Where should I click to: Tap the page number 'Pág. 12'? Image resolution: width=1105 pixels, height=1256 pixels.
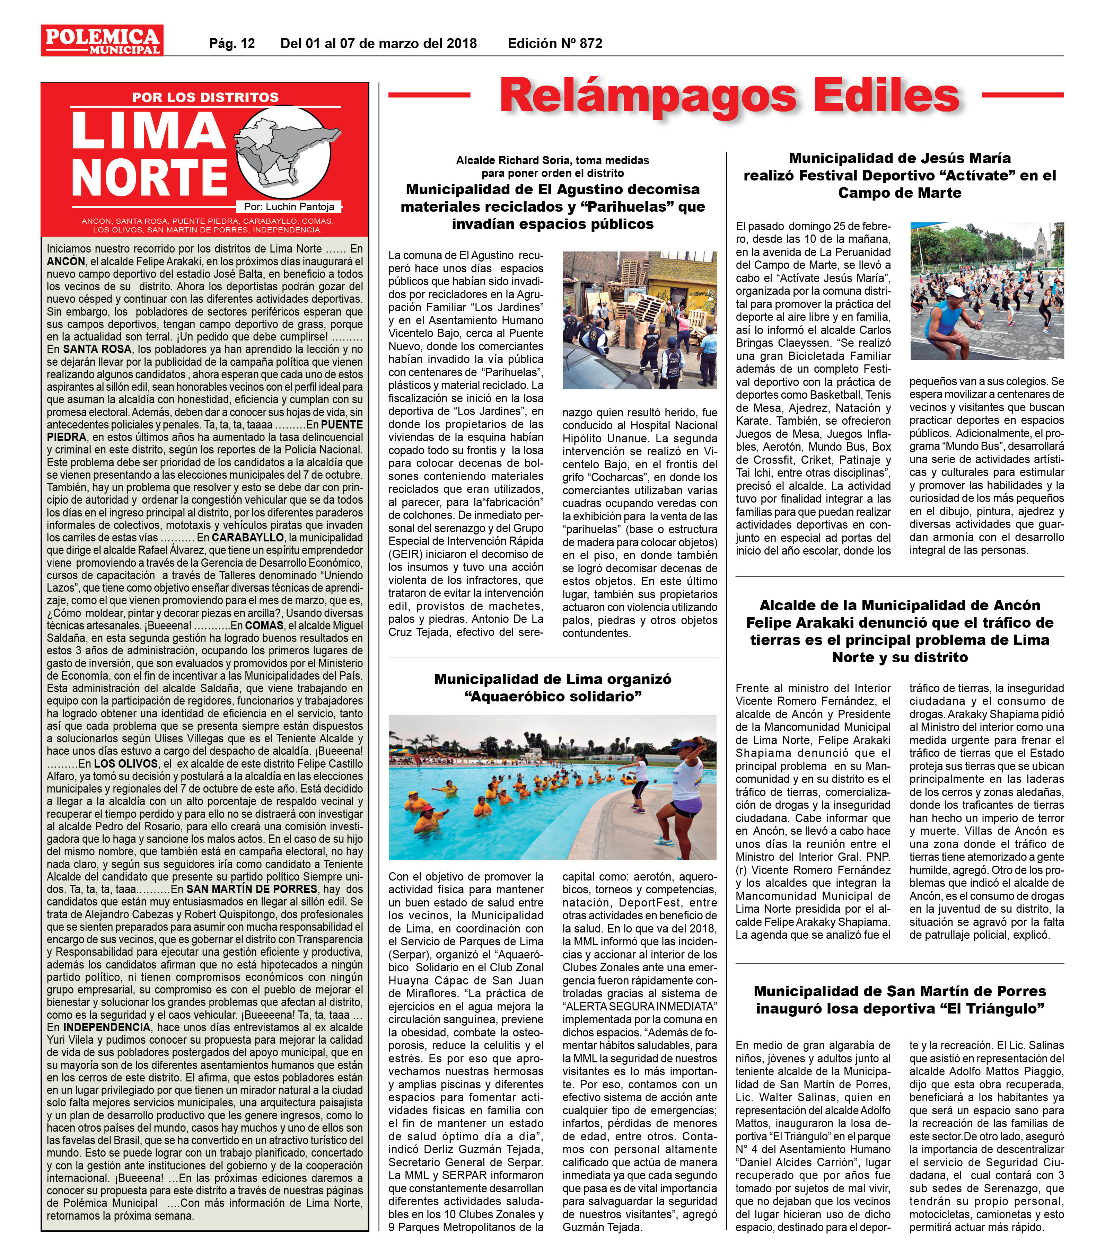pos(232,44)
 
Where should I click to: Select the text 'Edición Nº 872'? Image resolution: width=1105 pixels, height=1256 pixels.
pos(555,44)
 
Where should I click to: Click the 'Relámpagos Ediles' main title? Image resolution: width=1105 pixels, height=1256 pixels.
pos(729,95)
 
